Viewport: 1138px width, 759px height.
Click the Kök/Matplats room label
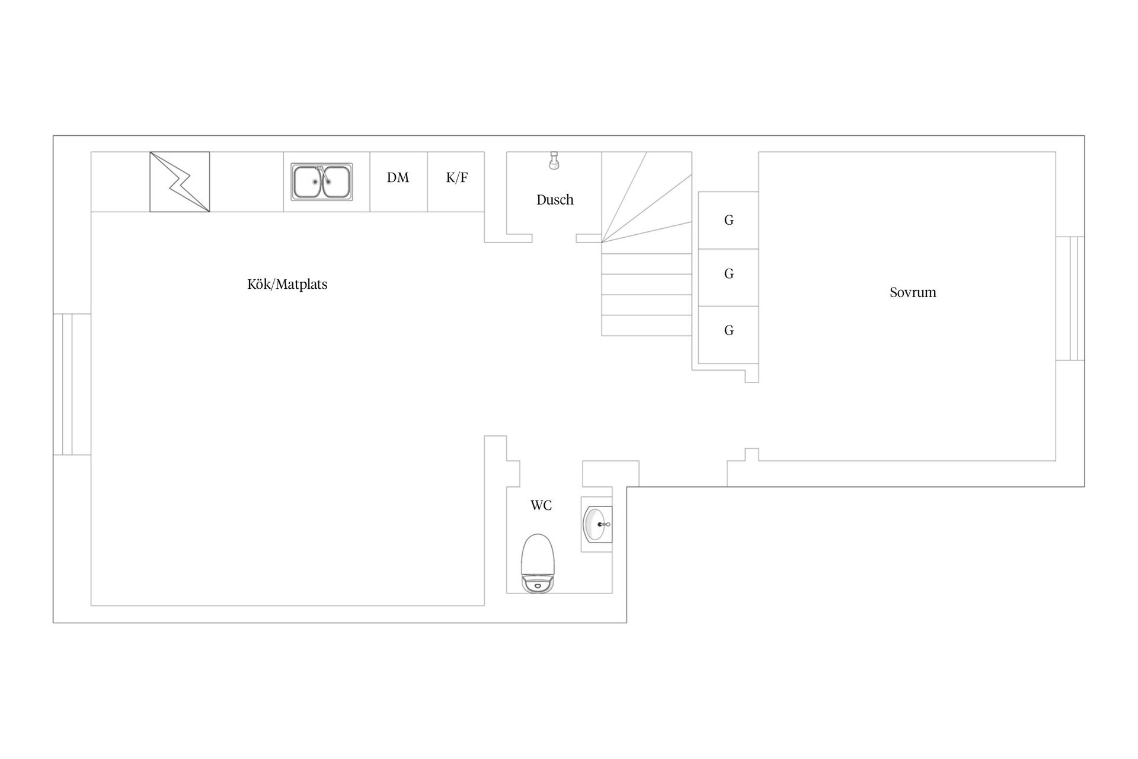click(287, 285)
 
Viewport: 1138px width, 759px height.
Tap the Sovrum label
click(913, 292)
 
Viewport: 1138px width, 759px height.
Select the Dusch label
click(555, 200)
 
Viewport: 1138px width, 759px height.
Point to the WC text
click(541, 505)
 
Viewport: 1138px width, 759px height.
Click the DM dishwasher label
click(398, 177)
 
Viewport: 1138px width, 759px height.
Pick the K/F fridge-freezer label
click(457, 177)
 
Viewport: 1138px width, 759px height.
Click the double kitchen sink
click(322, 181)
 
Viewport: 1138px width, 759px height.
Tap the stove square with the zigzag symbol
click(180, 181)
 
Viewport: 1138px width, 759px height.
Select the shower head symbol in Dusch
click(554, 161)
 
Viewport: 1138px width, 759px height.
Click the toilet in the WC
click(538, 563)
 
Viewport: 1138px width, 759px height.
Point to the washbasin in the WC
click(597, 524)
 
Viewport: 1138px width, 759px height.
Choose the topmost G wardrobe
click(728, 220)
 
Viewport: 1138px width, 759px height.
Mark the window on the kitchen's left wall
click(72, 384)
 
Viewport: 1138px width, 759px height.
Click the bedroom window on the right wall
click(1070, 298)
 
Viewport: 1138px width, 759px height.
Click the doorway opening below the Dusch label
click(554, 238)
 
